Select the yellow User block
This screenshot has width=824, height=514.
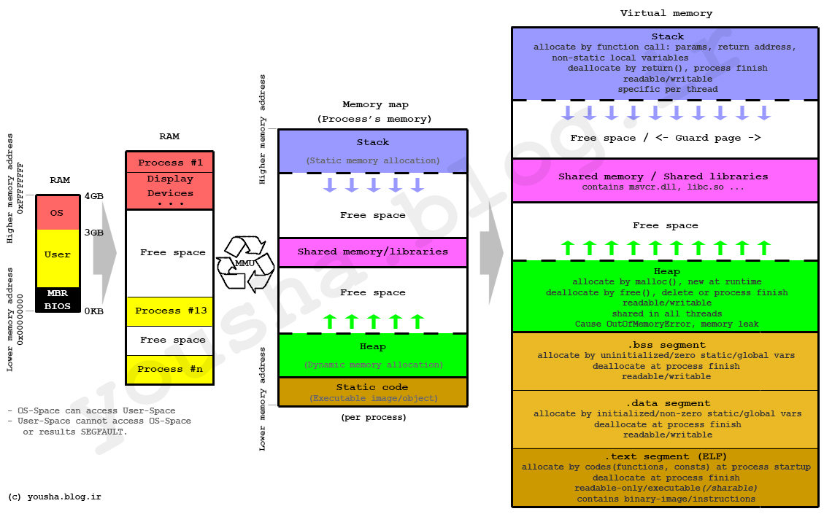click(x=58, y=255)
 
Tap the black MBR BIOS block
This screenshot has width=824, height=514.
click(x=58, y=300)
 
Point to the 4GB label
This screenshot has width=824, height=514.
click(x=93, y=196)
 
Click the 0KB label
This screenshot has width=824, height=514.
click(x=93, y=311)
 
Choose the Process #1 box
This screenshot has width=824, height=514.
click(x=169, y=162)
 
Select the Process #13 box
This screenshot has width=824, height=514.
click(x=169, y=311)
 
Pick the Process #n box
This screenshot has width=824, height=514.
click(x=169, y=370)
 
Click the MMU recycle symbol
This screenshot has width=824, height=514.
click(x=244, y=263)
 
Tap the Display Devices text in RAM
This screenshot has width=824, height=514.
click(x=170, y=186)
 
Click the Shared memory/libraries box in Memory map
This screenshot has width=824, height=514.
click(x=372, y=252)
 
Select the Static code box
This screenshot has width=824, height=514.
click(x=372, y=392)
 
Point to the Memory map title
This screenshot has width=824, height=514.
click(x=372, y=105)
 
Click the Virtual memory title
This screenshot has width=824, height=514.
click(x=666, y=13)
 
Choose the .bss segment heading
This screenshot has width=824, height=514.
click(x=666, y=345)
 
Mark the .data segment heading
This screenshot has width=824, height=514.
click(x=666, y=403)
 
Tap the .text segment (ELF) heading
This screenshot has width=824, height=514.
click(x=666, y=456)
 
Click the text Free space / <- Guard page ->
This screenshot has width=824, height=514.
click(x=666, y=138)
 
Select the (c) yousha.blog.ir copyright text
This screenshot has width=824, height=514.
click(x=54, y=497)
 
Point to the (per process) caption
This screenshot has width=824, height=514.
click(x=373, y=418)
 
